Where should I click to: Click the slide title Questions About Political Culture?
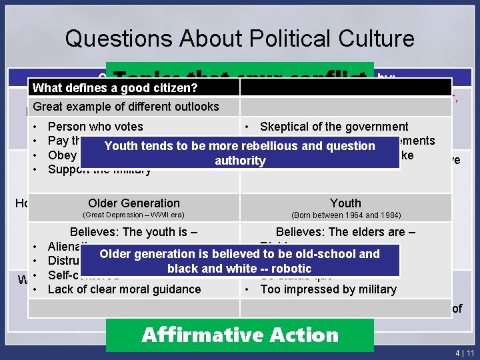tap(239, 38)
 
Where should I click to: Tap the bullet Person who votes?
tap(95, 127)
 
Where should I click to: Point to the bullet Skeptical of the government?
tap(334, 127)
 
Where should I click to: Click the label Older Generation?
tap(133, 203)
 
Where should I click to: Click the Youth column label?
tap(345, 203)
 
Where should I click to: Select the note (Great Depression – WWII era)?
tap(133, 215)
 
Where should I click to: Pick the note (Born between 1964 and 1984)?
tap(345, 215)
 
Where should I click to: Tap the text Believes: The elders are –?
tap(345, 232)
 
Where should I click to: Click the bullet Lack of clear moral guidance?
tap(124, 289)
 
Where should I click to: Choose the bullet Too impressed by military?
tap(328, 289)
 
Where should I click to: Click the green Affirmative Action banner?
tap(240, 334)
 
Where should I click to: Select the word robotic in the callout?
tap(288, 268)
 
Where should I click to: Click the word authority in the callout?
tap(240, 161)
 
